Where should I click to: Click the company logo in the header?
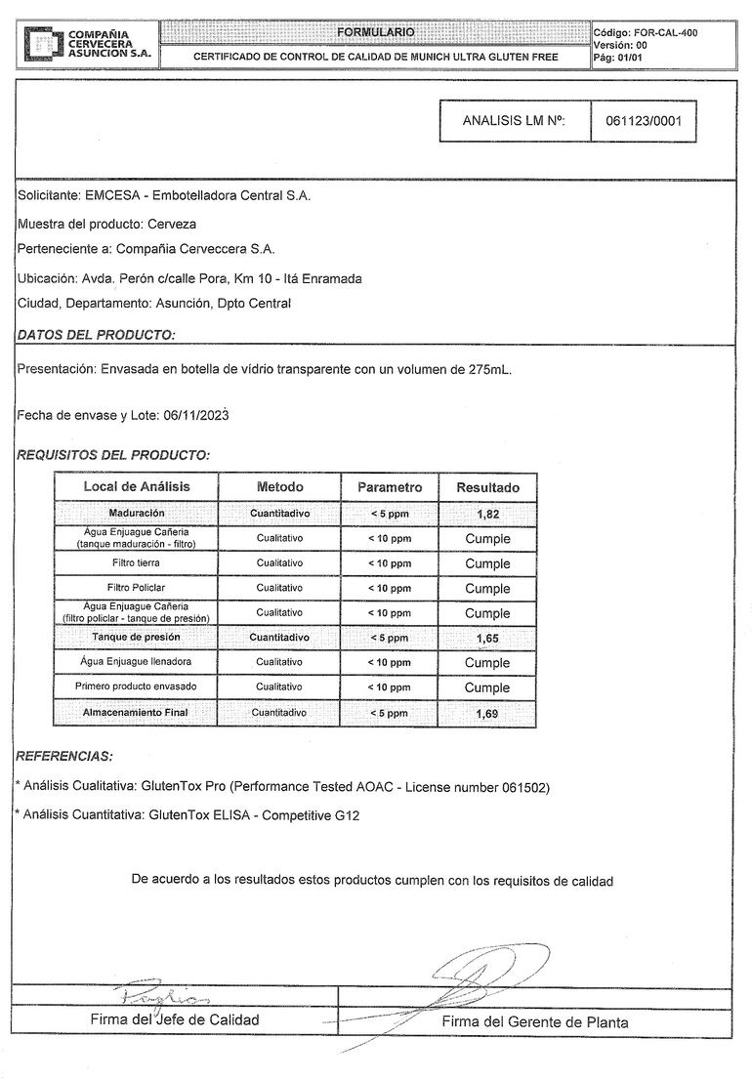[x=41, y=45]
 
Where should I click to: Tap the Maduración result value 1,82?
[x=487, y=514]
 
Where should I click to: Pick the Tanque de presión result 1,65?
[x=487, y=638]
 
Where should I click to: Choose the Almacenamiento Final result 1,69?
[x=487, y=714]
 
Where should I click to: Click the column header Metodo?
[x=280, y=487]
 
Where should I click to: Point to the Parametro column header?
[x=390, y=487]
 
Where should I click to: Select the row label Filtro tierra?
[x=136, y=563]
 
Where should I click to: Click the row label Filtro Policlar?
[x=136, y=588]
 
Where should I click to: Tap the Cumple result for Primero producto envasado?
[x=487, y=687]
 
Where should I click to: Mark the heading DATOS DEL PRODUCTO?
[x=97, y=335]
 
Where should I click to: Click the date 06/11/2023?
[x=196, y=416]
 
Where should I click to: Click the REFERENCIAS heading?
[x=64, y=756]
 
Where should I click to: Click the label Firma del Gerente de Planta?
[x=535, y=1022]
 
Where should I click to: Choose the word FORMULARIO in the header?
[x=376, y=32]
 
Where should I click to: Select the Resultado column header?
[x=487, y=487]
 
